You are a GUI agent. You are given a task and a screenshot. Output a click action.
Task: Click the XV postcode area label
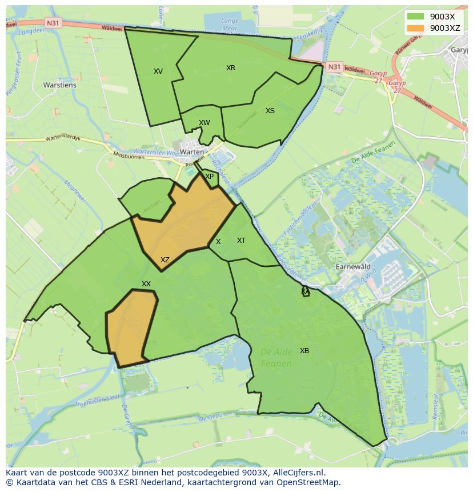(x=158, y=71)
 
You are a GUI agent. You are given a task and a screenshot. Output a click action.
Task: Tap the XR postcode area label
(x=231, y=68)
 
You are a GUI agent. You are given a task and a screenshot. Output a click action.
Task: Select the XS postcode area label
(x=270, y=111)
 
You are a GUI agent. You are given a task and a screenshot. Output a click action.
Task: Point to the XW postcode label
(x=205, y=123)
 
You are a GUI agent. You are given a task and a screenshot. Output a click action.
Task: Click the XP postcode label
(x=210, y=177)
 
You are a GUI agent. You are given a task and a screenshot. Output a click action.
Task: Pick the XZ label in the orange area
(x=165, y=260)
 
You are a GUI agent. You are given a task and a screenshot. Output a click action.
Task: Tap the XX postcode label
(x=146, y=284)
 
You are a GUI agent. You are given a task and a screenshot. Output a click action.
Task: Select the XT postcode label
(x=242, y=241)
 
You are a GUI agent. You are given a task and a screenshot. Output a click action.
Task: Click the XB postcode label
(x=304, y=351)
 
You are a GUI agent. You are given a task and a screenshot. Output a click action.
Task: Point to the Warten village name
(x=191, y=151)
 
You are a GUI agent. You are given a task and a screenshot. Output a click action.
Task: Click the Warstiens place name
(x=59, y=85)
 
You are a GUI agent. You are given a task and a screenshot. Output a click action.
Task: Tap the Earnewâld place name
(x=353, y=267)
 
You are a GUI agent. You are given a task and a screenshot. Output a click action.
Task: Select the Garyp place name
(x=459, y=50)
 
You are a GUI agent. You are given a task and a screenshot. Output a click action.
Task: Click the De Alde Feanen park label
(x=276, y=358)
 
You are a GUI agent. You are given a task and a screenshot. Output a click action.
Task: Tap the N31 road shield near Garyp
(x=334, y=67)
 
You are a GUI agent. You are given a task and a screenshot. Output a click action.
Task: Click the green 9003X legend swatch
(x=416, y=16)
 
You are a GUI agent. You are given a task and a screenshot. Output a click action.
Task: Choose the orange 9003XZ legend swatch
(x=416, y=27)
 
